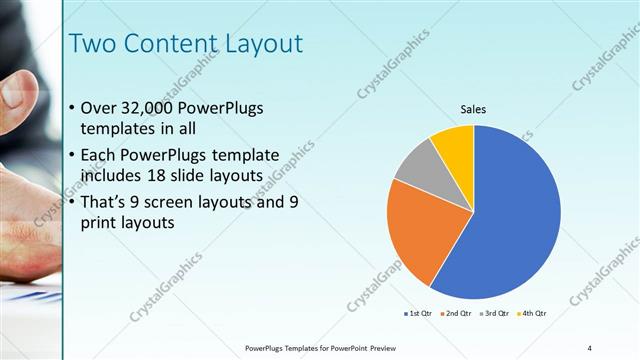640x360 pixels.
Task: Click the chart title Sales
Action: click(473, 109)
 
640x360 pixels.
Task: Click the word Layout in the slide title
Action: click(255, 43)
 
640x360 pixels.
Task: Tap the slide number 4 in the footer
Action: click(590, 347)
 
